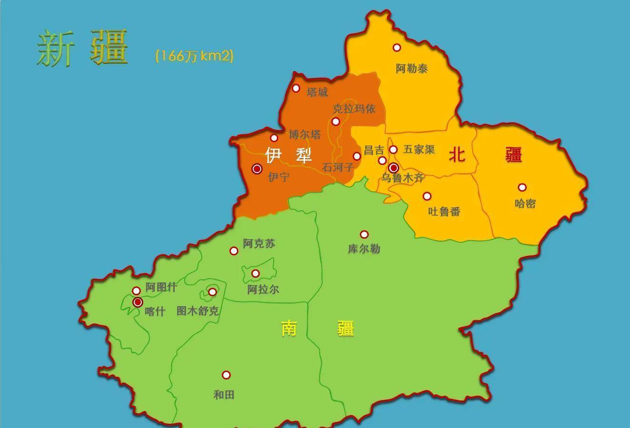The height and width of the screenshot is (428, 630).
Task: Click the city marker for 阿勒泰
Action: point(397,48)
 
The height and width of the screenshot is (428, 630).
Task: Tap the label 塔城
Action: point(317,92)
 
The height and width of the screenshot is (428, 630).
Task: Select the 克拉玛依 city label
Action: point(354,109)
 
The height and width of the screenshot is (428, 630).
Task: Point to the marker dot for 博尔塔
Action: point(274,138)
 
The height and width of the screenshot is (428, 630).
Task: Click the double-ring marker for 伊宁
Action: point(257,169)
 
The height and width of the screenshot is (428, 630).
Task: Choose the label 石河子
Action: point(338,167)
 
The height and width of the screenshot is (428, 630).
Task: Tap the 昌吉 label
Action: point(374,150)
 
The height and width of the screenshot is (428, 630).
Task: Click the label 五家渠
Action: point(419,149)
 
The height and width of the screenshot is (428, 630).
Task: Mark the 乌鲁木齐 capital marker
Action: point(394,168)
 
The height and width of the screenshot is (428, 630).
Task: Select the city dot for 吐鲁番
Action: point(427,196)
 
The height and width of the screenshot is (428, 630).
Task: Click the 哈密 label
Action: point(525,204)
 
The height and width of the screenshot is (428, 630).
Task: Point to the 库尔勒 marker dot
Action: point(364,234)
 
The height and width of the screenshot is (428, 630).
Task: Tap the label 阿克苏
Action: point(259,243)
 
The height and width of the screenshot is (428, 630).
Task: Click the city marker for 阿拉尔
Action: point(256,273)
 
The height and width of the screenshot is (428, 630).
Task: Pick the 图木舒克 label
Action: point(197,311)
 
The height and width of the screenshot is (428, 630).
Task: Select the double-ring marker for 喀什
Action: point(138,302)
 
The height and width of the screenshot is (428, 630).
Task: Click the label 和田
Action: point(224,395)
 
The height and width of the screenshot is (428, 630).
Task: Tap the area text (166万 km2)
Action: point(195,56)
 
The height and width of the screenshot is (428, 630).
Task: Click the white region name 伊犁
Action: point(288,155)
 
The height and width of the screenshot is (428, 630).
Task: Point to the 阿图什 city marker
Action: point(137,291)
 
